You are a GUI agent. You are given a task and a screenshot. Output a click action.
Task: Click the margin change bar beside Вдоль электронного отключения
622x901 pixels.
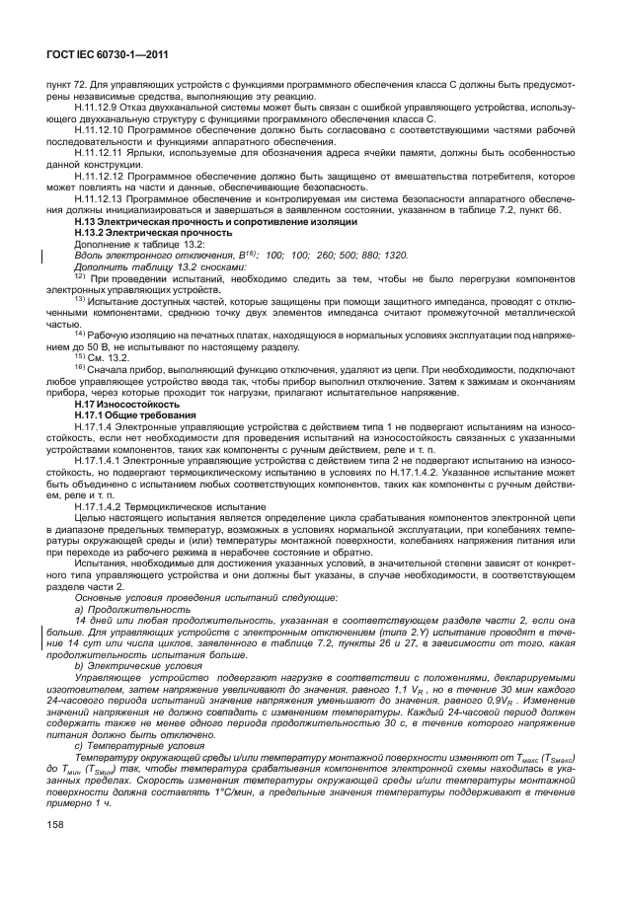[40, 258]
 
